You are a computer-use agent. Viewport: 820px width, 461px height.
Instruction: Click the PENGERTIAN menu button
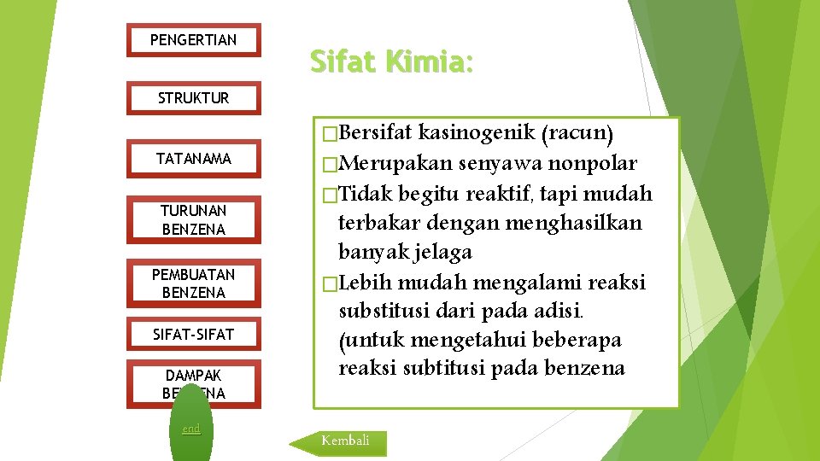coord(193,40)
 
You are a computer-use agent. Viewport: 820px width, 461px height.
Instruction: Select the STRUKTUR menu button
coord(193,98)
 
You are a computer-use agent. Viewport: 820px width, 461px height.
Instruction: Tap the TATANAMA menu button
coord(193,159)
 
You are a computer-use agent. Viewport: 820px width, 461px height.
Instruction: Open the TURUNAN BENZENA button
coord(193,219)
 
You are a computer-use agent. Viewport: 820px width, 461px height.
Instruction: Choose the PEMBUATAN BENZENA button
coord(193,283)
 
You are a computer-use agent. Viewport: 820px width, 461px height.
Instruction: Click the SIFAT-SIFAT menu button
coord(193,335)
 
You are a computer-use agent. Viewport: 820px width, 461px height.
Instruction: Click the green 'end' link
coord(191,429)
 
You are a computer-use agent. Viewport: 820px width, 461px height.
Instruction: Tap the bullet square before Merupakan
coord(320,164)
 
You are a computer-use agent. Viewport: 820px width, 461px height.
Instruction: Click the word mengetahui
coord(468,341)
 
